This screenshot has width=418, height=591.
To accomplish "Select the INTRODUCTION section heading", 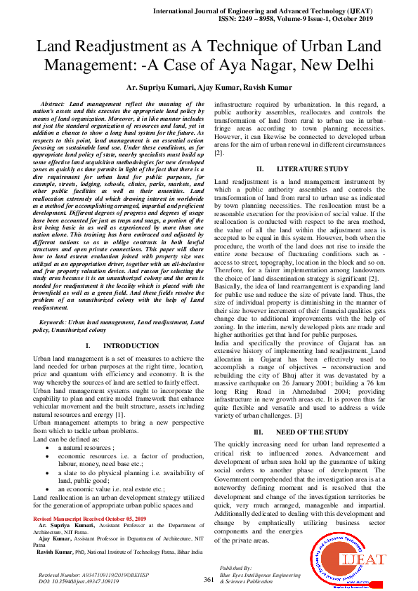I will point(130,346).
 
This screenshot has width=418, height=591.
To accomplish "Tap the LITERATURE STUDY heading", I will point(311,168).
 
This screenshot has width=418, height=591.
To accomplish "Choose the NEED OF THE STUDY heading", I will point(311,432).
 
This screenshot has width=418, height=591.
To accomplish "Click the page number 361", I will point(209,578).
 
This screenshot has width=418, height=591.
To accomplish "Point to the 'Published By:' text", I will point(236,566).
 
